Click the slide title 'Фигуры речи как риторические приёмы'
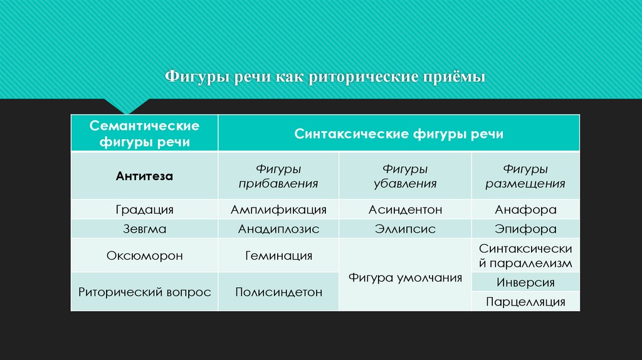click(325, 78)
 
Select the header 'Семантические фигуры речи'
click(144, 134)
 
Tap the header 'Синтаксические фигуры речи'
click(399, 134)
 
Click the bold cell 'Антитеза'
click(144, 176)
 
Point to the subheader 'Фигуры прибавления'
click(278, 176)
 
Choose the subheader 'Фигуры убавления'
click(405, 176)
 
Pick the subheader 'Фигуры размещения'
click(525, 176)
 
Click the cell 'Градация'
click(144, 209)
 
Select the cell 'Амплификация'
click(278, 209)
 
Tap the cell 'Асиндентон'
click(405, 209)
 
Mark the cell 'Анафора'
click(525, 209)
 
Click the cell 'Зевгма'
click(144, 229)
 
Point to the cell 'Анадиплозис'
click(278, 229)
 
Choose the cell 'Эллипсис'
click(405, 229)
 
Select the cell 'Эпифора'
click(525, 229)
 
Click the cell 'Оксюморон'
click(144, 256)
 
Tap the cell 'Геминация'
click(278, 256)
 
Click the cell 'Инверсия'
click(525, 282)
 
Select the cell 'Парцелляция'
click(525, 302)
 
